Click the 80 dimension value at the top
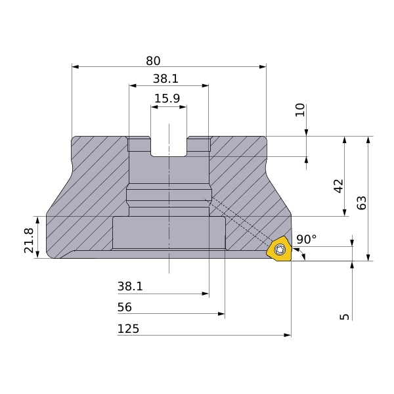point(153,61)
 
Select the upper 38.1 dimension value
point(165,79)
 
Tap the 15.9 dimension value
point(167,98)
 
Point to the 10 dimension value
point(300,110)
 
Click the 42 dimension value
point(338,186)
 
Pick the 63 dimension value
point(362,203)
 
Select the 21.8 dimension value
point(29,240)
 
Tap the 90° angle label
point(307,239)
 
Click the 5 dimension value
point(345,317)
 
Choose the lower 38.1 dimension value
point(130,286)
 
